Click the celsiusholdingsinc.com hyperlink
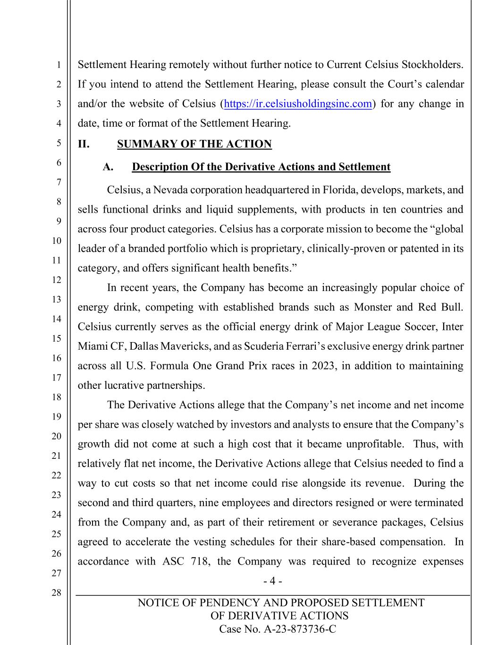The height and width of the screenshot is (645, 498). (298, 104)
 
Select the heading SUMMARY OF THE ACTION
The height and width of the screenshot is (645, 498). (194, 144)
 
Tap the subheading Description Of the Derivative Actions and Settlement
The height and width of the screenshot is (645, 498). (261, 167)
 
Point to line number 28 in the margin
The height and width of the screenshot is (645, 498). (56, 593)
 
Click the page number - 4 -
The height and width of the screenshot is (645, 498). (272, 581)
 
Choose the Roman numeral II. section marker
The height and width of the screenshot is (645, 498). (84, 144)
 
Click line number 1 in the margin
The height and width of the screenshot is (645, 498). (59, 65)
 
